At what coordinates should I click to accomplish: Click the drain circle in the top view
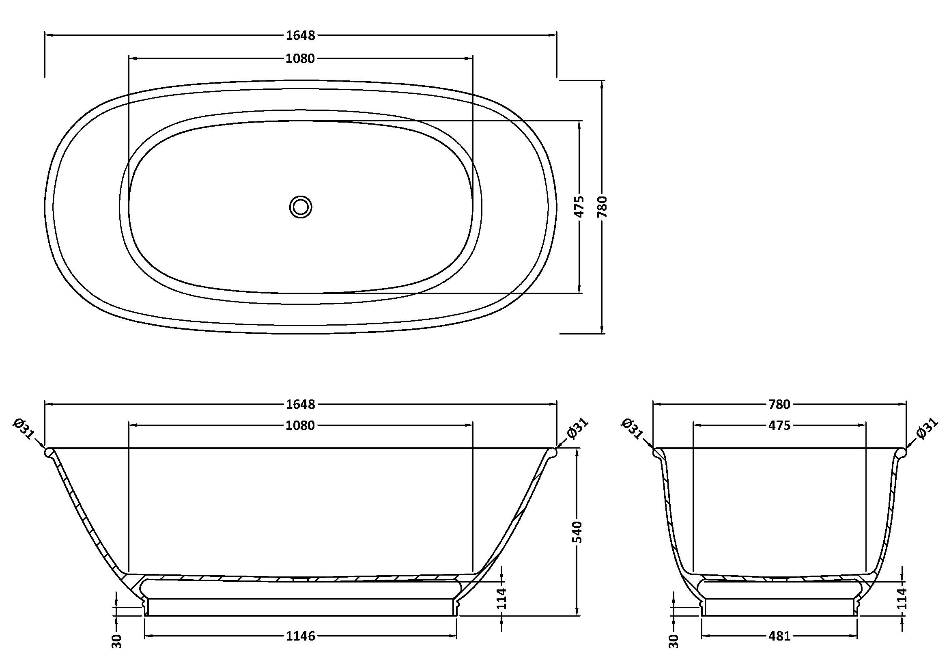(301, 207)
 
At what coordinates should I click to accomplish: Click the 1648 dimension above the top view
(301, 36)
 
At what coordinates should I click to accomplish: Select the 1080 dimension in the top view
(301, 59)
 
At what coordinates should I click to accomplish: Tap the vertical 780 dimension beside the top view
(602, 207)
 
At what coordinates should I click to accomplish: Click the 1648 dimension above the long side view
(301, 404)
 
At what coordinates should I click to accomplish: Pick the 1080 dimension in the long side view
(301, 425)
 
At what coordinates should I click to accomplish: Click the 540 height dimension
(577, 532)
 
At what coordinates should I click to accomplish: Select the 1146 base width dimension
(301, 636)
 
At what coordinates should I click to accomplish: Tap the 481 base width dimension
(779, 636)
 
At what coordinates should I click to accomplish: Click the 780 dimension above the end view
(779, 404)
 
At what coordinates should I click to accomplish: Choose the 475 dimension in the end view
(779, 425)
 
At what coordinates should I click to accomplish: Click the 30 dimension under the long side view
(117, 641)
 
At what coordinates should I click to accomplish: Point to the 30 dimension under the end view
(674, 641)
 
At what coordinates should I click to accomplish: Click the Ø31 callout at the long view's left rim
(24, 429)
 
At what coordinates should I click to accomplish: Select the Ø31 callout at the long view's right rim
(577, 429)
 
